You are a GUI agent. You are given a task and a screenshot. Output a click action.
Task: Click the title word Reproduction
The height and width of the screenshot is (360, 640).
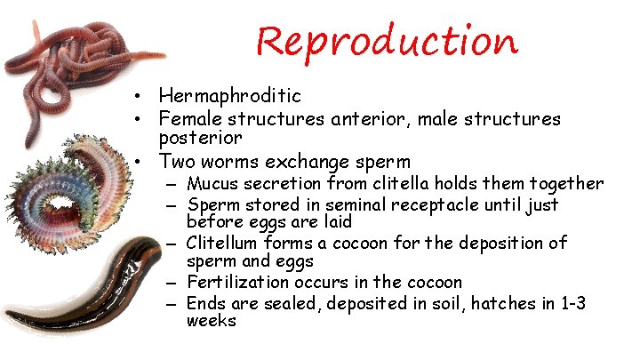point(386,41)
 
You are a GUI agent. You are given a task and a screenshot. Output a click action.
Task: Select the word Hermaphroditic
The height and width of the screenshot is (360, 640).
point(229,96)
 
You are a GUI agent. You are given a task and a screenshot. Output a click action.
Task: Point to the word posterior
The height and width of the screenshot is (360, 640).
point(201,139)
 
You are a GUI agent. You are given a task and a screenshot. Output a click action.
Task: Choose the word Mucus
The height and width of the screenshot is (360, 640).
point(212,184)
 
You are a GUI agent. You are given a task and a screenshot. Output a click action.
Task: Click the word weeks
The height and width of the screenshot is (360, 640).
point(212,321)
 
